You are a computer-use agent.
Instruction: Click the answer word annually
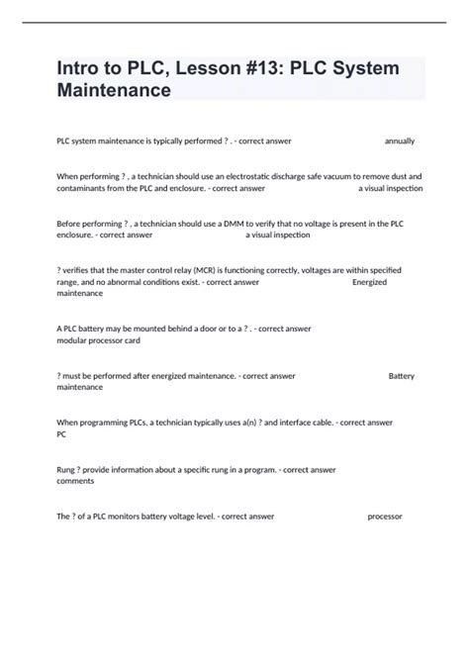click(x=400, y=142)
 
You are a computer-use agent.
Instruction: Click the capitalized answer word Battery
click(x=402, y=376)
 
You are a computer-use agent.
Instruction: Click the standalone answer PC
click(x=62, y=434)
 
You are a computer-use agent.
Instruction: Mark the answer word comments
click(x=76, y=482)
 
